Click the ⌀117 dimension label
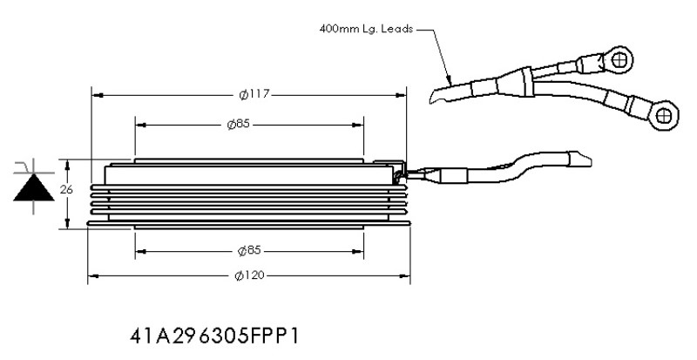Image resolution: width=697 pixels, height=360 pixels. tap(254, 95)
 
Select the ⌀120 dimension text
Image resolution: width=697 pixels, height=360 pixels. tap(249, 276)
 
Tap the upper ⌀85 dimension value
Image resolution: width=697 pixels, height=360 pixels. tap(238, 124)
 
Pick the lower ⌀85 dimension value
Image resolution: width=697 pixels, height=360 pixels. tap(249, 251)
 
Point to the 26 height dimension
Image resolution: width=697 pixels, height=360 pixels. tap(66, 189)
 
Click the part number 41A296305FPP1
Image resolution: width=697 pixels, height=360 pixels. tap(214, 336)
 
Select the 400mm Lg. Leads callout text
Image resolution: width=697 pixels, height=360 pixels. tap(366, 29)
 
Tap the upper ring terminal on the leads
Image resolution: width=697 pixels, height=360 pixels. tap(618, 59)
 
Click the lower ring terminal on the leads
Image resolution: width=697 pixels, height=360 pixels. tap(664, 115)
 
